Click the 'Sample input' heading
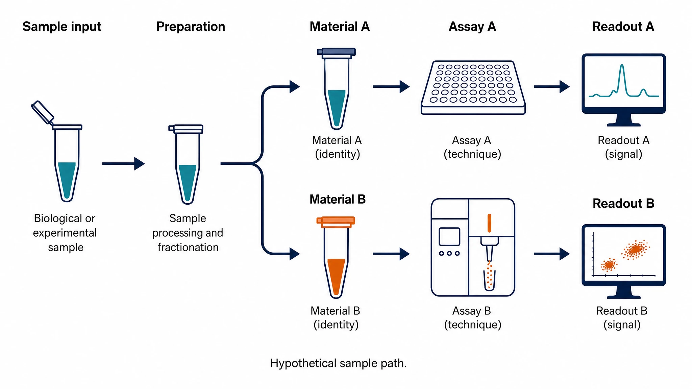62,27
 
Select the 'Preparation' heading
191,27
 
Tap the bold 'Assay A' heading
472,26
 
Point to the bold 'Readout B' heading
623,203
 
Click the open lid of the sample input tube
43,112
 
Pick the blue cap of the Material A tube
337,52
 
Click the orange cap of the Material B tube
336,221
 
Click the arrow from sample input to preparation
123,164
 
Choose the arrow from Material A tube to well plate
391,87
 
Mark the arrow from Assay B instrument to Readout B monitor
552,254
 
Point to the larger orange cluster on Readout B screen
636,250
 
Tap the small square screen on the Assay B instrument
449,237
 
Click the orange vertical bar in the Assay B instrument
489,223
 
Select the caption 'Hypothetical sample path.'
339,363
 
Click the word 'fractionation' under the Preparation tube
188,247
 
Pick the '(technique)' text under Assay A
472,154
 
